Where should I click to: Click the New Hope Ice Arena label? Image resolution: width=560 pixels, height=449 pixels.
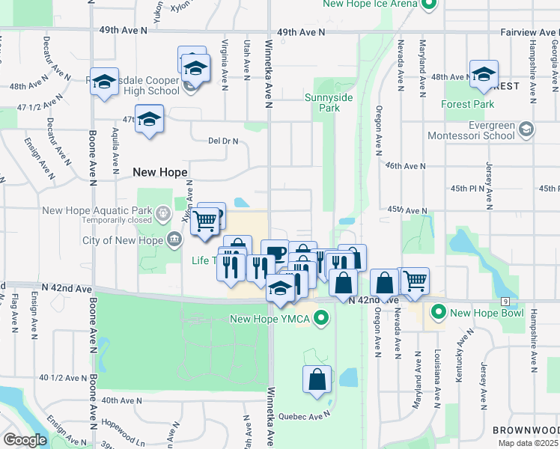[370, 4]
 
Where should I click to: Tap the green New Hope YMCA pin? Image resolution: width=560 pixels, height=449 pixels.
[322, 320]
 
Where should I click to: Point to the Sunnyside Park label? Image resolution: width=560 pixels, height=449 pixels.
[323, 103]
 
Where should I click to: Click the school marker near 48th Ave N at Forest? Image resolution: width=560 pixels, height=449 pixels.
[484, 75]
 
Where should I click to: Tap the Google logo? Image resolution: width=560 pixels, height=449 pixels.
[25, 440]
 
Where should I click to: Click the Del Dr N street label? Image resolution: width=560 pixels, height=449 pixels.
[223, 140]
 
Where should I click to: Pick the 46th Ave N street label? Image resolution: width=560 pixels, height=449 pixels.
[405, 165]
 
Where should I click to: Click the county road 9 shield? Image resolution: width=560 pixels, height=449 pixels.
[506, 301]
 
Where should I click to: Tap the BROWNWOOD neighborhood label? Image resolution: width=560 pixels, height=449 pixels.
[526, 430]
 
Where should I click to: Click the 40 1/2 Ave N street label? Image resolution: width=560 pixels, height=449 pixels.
[63, 378]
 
